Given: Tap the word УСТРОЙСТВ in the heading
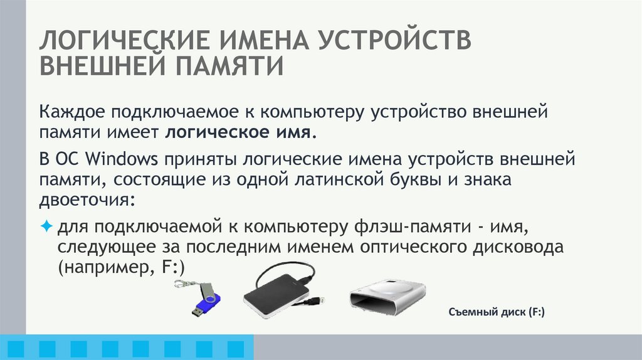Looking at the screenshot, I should click(396, 41).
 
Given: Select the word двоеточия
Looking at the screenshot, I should click(87, 201).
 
